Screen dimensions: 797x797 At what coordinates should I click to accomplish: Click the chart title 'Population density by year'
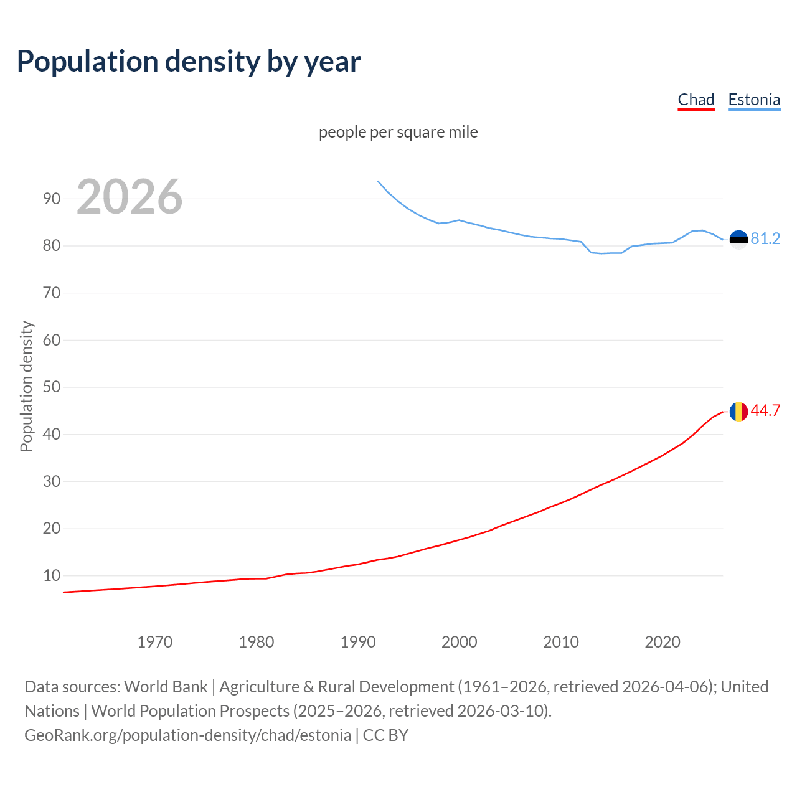[x=189, y=62]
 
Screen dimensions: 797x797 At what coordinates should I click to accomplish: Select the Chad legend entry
[x=696, y=100]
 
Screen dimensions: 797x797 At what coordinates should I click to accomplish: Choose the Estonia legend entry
[x=753, y=100]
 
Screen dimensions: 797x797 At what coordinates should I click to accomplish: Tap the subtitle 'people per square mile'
[x=398, y=132]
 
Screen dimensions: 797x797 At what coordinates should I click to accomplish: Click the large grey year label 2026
[x=130, y=197]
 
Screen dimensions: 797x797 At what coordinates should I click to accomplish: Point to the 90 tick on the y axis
[x=52, y=199]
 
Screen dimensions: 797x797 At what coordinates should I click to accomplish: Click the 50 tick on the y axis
[x=52, y=387]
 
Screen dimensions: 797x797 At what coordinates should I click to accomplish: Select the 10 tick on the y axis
[x=52, y=576]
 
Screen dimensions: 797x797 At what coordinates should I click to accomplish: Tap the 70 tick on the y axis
[x=52, y=293]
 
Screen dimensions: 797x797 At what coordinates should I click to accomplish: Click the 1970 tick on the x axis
[x=154, y=642]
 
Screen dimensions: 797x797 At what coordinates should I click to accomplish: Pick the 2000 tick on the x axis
[x=459, y=642]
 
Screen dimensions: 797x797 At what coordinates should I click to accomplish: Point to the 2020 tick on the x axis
[x=662, y=642]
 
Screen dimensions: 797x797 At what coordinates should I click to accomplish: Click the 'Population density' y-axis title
[x=26, y=386]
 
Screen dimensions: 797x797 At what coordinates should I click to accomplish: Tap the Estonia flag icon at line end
[x=738, y=239]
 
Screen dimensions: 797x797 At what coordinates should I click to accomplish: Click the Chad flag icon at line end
[x=738, y=412]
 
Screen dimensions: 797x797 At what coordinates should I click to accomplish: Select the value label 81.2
[x=765, y=239]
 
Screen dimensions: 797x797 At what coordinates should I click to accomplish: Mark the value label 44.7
[x=765, y=411]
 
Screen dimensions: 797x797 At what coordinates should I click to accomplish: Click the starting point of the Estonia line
[x=378, y=181]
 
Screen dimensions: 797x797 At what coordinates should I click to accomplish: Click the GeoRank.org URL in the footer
[x=187, y=735]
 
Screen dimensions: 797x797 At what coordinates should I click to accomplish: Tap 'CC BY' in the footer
[x=385, y=735]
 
